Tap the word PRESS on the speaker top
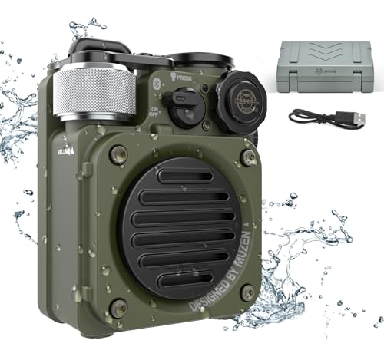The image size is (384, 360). pyautogui.click(x=185, y=78)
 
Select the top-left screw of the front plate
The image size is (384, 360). pyautogui.click(x=118, y=154)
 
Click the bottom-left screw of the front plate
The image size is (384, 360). pyautogui.click(x=118, y=308)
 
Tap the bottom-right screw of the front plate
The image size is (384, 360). pyautogui.click(x=247, y=292)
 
